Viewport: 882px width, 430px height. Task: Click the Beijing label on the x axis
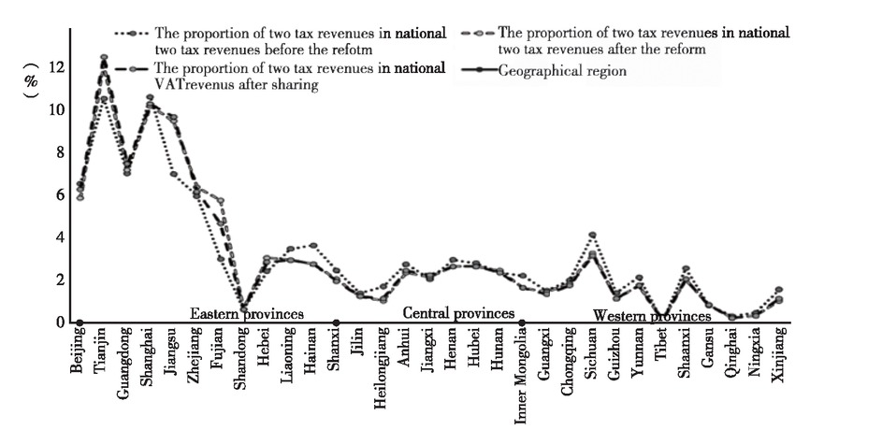click(78, 351)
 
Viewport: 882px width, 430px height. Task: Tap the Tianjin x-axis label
click(102, 351)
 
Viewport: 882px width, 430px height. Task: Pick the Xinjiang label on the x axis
click(778, 355)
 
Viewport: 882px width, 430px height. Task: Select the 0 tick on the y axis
click(59, 322)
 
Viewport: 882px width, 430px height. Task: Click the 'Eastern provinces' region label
click(247, 314)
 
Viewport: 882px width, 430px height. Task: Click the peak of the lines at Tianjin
click(103, 58)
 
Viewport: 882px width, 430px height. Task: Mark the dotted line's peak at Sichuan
click(592, 235)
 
